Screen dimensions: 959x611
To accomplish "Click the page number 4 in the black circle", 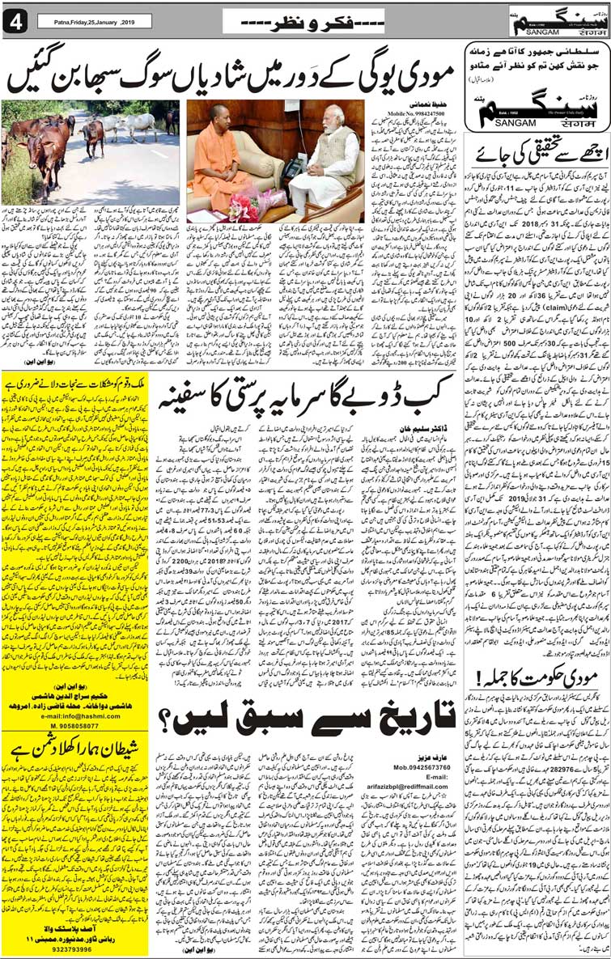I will tap(14, 23).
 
